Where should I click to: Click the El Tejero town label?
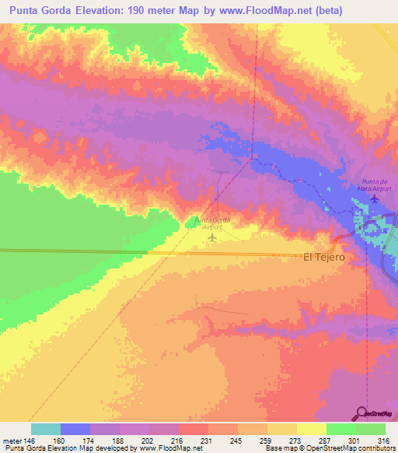[x=323, y=256]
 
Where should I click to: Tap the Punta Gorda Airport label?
[x=211, y=224]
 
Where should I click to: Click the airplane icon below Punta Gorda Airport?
[x=211, y=237]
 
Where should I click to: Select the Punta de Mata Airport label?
[x=374, y=184]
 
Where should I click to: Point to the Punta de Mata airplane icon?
[x=375, y=198]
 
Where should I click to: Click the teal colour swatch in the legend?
[x=46, y=429]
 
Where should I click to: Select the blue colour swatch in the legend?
[x=75, y=429]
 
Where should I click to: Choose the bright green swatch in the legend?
[x=340, y=429]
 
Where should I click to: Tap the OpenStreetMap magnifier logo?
[x=362, y=413]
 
